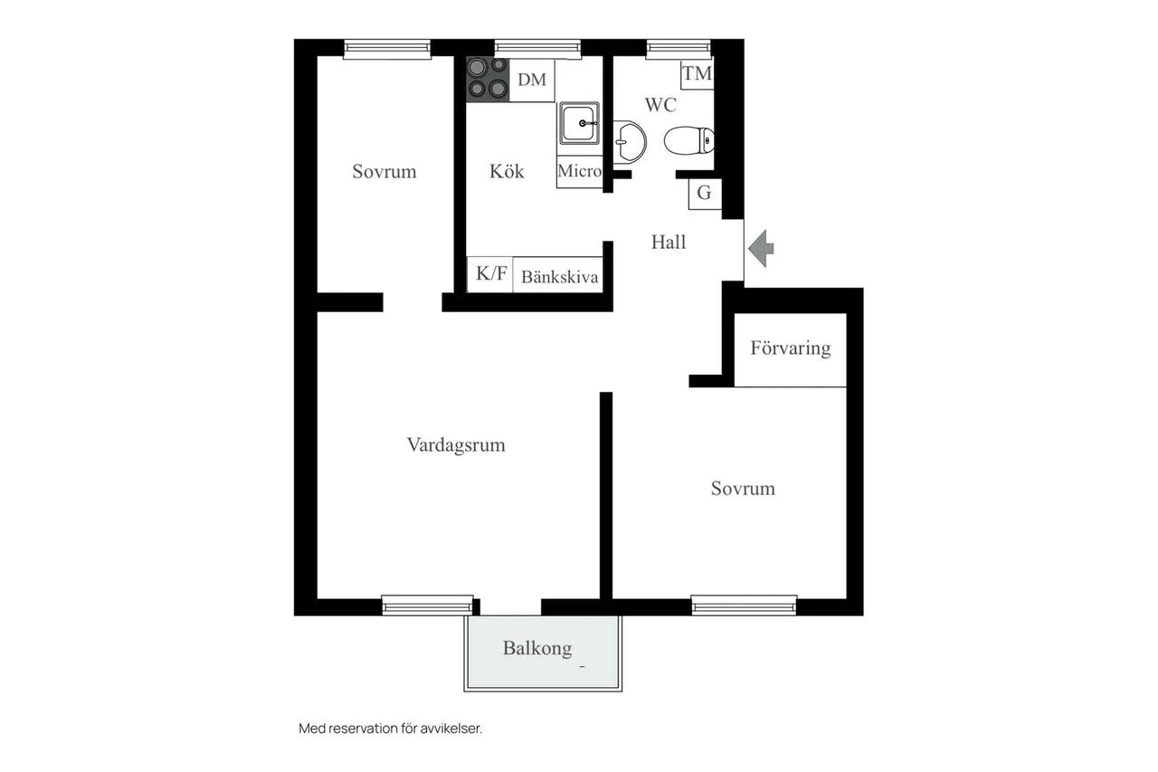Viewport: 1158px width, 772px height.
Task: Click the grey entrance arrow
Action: (761, 249)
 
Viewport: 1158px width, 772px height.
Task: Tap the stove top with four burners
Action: (488, 79)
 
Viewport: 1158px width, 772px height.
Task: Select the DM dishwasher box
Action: (532, 80)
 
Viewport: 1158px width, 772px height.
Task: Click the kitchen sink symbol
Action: (579, 123)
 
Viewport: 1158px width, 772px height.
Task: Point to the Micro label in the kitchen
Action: (580, 171)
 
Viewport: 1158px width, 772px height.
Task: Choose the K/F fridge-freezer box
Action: (490, 274)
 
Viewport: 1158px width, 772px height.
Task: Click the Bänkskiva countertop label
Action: (559, 277)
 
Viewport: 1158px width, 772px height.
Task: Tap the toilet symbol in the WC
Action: (689, 140)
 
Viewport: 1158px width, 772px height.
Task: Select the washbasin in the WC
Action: (629, 141)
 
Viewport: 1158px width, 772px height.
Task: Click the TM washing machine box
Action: (697, 74)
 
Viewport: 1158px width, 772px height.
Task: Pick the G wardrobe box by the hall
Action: (705, 194)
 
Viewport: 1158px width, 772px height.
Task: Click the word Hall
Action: (669, 242)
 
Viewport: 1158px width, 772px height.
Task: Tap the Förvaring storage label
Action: (791, 348)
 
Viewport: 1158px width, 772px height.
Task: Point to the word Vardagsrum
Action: (456, 445)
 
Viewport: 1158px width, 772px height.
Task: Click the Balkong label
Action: (537, 648)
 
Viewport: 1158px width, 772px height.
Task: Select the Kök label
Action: (507, 171)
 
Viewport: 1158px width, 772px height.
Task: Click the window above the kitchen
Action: (537, 48)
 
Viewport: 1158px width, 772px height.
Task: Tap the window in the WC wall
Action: (679, 48)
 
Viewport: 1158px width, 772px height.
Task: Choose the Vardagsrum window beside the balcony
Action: (428, 605)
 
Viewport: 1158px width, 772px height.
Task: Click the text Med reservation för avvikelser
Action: (390, 729)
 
